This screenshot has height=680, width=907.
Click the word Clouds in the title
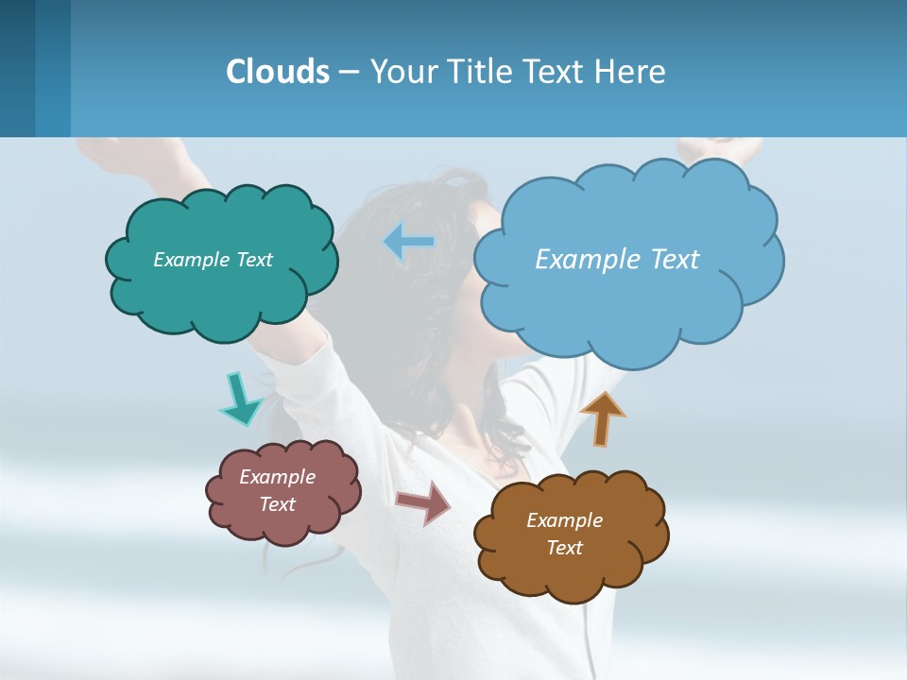click(278, 72)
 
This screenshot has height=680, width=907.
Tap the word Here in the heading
click(629, 72)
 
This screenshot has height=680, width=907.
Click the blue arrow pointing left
click(408, 242)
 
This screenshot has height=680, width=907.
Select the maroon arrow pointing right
click(424, 502)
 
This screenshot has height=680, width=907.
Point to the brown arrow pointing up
click(602, 417)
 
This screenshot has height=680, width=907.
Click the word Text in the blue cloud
click(668, 260)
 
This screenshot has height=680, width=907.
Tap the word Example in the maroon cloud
click(278, 477)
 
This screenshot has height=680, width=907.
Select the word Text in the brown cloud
click(565, 548)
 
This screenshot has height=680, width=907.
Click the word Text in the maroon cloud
click(278, 504)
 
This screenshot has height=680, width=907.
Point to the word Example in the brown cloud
click(565, 520)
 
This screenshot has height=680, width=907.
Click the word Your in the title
click(400, 72)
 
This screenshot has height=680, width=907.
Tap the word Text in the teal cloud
click(253, 260)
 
